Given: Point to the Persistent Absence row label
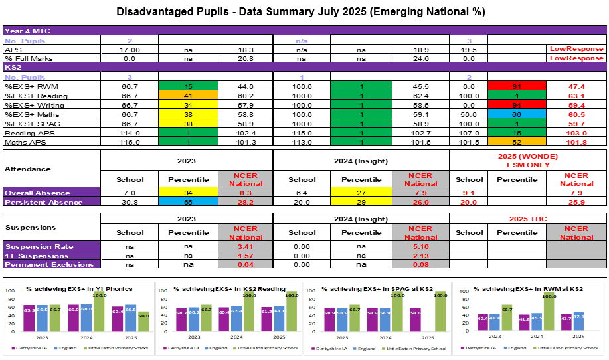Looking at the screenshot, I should coord(37,202).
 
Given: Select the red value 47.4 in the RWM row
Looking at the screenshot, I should coord(576,86).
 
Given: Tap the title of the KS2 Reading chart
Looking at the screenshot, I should coord(229,289).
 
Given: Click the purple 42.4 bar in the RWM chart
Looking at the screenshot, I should coord(464,323).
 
